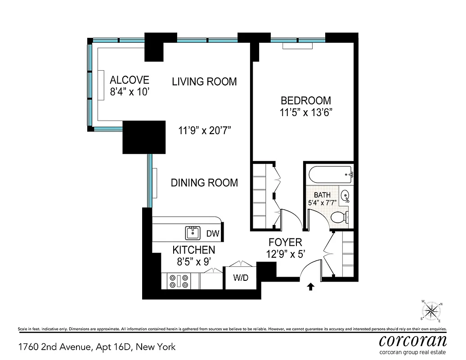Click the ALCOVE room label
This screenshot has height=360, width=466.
coord(130,80)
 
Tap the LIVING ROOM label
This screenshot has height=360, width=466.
coord(204,81)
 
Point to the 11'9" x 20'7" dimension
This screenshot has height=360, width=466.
coord(207,131)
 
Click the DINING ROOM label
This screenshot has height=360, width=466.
coord(204,183)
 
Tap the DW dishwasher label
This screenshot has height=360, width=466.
coord(213,234)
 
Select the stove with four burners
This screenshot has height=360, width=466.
coord(179,281)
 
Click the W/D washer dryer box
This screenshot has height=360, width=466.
coord(241,278)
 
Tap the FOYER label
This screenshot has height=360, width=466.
coord(286,243)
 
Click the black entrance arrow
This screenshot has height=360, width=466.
coord(310,287)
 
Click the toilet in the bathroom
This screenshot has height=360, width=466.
coord(341,217)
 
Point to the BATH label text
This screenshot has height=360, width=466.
coord(322,195)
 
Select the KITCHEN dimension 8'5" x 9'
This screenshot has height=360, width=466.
coord(194,260)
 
